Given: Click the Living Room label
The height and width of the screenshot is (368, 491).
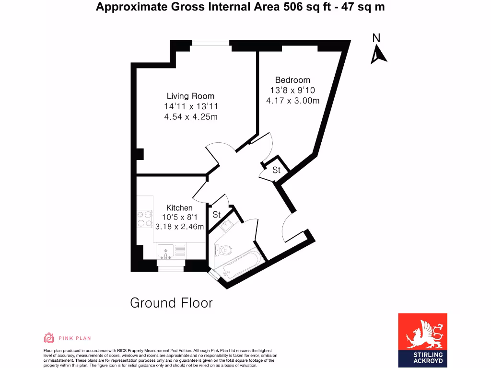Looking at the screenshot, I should pos(190,96).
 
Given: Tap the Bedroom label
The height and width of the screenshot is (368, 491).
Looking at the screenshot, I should pos(292,80).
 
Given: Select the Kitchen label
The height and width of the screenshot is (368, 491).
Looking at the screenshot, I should pos(179,207).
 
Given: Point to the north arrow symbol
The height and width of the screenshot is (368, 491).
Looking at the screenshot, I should pos(379,55).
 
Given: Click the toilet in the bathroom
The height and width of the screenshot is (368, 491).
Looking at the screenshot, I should pos(223,250).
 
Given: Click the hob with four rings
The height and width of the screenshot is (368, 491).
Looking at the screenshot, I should pos(144,219).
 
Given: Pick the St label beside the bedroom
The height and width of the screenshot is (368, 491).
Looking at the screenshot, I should pos(276,170).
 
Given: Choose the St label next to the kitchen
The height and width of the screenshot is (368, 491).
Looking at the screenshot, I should pos(217,215).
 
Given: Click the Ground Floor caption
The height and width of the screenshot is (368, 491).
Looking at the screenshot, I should pos(171,303).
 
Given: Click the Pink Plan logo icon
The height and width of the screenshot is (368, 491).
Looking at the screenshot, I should pos(49,338).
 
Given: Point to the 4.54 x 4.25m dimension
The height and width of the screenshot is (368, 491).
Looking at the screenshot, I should pos(191,116).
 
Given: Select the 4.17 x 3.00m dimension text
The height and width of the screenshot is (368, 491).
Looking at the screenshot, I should pos(292,101).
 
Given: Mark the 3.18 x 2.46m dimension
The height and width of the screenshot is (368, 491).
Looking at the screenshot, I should pos(180,227).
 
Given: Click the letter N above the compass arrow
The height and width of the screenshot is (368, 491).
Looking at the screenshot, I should pos(376,38).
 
